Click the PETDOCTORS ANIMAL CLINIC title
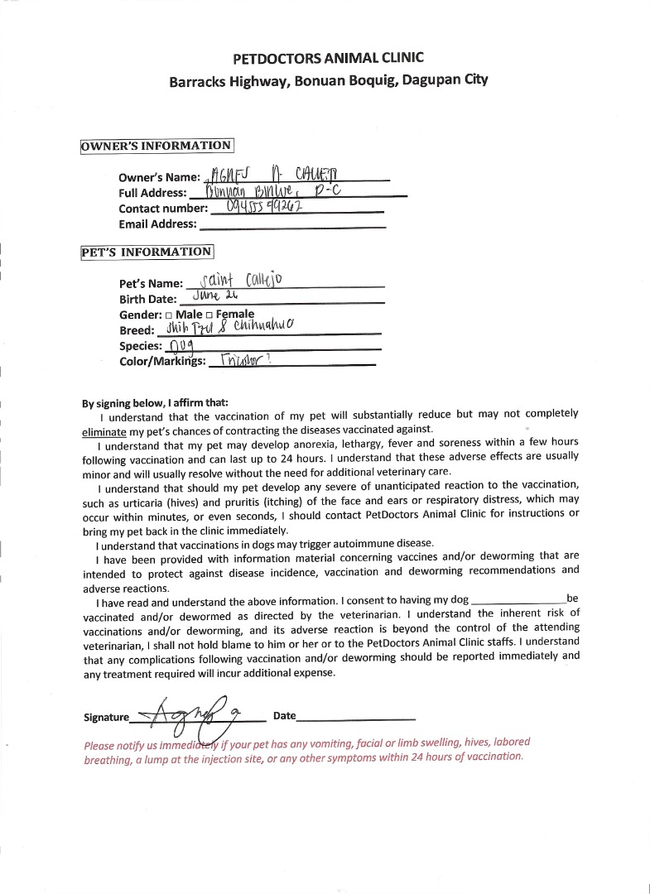tap(328, 58)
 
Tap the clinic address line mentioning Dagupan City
tap(328, 81)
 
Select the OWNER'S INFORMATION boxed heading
tap(156, 147)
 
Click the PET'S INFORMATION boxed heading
tap(147, 252)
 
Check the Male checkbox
tap(169, 315)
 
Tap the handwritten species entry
tap(181, 345)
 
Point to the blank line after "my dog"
tap(518, 600)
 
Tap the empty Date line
tap(355, 717)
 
